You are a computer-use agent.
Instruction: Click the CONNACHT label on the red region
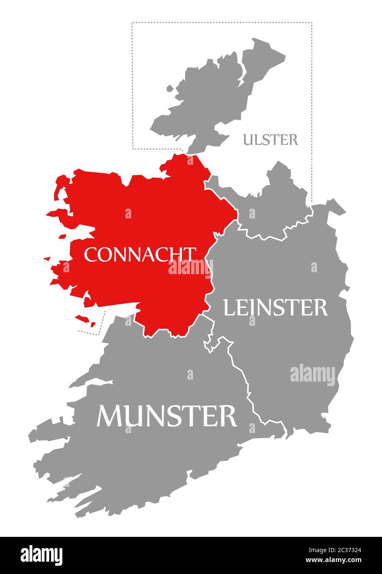click(x=140, y=254)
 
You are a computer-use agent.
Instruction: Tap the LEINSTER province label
click(x=275, y=308)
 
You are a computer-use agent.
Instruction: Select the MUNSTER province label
click(x=166, y=416)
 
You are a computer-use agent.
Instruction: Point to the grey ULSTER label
click(x=270, y=140)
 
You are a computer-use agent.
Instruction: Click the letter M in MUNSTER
click(x=109, y=416)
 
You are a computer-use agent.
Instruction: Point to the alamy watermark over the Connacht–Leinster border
click(x=190, y=268)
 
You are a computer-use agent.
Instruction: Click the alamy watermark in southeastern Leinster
click(x=313, y=375)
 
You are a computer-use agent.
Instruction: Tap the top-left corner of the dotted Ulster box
click(x=132, y=23)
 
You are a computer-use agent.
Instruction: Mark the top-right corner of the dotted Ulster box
click(x=311, y=23)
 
